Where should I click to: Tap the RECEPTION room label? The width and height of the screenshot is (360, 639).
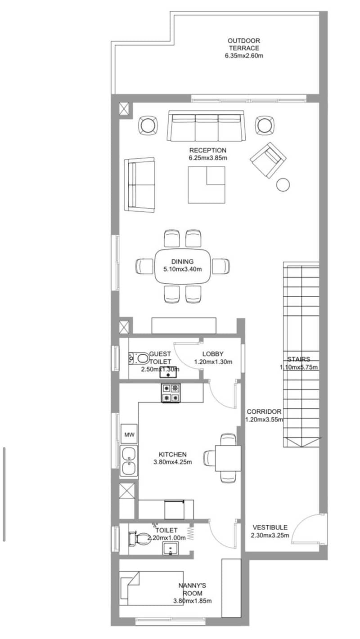(208, 150)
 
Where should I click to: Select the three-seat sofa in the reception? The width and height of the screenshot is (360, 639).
(206, 125)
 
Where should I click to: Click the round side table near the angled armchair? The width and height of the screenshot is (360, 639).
(283, 184)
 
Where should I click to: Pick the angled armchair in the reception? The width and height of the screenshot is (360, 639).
(268, 160)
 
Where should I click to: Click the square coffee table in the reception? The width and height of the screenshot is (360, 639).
(207, 185)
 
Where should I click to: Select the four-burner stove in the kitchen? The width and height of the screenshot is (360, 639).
(171, 393)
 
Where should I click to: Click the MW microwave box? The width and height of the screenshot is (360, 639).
(129, 435)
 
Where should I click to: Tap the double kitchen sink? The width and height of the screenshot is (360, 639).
(129, 460)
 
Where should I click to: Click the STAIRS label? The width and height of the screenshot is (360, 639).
(299, 359)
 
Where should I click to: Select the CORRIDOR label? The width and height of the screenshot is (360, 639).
(264, 411)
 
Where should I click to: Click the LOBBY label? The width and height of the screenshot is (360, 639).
(213, 354)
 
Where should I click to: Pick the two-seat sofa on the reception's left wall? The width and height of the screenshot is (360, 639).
(140, 185)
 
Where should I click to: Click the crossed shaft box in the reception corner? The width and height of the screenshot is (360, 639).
(124, 109)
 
